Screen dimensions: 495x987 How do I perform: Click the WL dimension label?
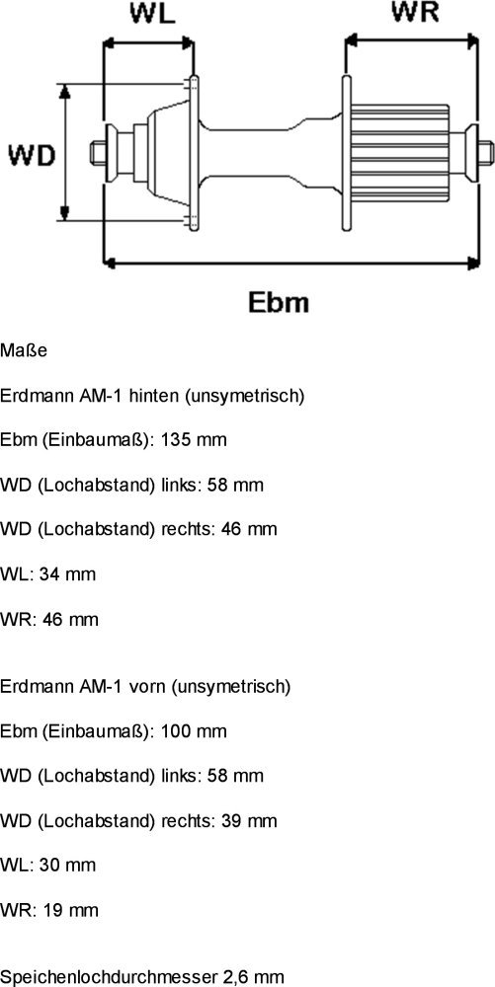coord(152,13)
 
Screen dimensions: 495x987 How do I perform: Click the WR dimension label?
coord(414,12)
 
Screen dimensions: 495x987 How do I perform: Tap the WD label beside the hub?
coord(33,155)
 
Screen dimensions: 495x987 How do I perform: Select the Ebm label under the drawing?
coord(279,302)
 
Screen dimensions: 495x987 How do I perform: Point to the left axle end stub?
coord(98,152)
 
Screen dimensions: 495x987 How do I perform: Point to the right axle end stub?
coord(486,153)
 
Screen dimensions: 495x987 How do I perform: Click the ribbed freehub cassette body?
coord(399,153)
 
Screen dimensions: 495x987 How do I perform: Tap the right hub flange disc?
coord(346,153)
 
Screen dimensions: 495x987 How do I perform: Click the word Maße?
coord(24,350)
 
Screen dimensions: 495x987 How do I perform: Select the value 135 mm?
coord(194,439)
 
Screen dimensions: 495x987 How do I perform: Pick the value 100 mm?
coord(194,731)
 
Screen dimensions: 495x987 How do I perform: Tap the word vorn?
coord(147,686)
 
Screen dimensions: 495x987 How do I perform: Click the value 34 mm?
coord(67,574)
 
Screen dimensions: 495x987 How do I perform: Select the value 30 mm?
coord(67,865)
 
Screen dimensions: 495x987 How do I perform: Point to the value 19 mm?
coord(70,910)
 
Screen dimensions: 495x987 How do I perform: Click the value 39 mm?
coord(249,821)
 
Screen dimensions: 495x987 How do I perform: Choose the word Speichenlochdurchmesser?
coord(109,977)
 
